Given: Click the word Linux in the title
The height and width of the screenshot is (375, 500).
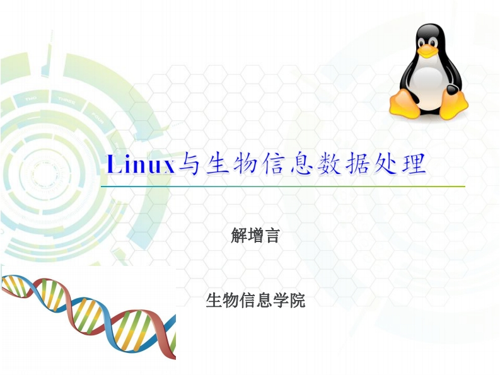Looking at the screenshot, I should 141,164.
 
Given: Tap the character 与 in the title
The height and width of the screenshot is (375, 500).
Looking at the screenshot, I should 188,164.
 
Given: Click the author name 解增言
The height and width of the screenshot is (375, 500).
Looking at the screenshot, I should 255,236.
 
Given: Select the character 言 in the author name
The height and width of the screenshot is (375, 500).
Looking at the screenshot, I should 272,236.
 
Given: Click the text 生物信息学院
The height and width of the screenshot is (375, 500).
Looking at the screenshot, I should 255,301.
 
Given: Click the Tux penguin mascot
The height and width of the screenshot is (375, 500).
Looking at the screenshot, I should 429,72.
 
